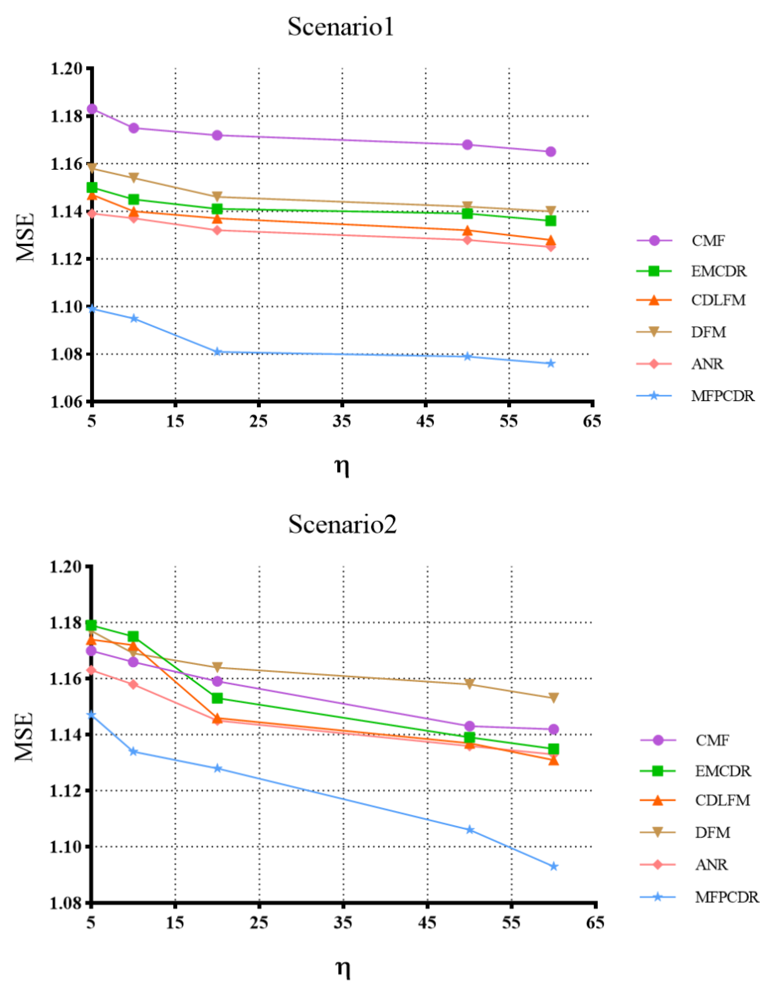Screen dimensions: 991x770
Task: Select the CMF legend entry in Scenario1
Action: (708, 241)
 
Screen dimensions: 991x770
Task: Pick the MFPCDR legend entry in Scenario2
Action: (726, 897)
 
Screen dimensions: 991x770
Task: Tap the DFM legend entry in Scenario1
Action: (708, 332)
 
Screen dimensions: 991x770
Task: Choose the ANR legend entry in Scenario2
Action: (711, 865)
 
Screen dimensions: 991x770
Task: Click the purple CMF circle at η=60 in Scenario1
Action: (551, 152)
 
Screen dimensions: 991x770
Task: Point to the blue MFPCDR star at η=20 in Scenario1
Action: (217, 352)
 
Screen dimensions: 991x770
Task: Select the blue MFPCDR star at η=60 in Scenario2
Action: (553, 867)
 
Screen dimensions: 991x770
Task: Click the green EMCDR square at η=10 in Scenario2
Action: (133, 637)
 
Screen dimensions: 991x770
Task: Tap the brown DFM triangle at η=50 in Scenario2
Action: (470, 684)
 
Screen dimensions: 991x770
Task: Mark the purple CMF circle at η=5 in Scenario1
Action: (92, 109)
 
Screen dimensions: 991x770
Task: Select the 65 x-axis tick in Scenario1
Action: (592, 421)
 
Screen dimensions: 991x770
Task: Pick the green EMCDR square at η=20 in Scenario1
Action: (217, 209)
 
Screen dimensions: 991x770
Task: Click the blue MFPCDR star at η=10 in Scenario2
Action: (133, 752)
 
